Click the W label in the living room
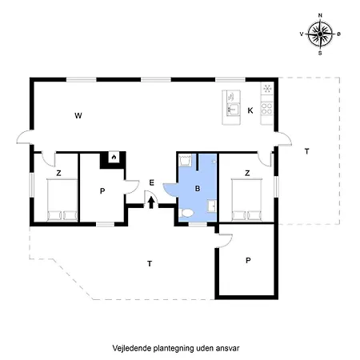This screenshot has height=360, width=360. (78, 116)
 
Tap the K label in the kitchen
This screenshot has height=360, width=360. (250, 110)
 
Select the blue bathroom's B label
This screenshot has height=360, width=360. (198, 189)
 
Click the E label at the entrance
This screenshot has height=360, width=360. (151, 182)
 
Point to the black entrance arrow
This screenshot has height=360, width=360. (151, 202)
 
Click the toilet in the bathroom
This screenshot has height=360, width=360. (187, 213)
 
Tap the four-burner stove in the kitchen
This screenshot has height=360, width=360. (266, 109)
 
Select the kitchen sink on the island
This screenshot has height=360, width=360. (233, 110)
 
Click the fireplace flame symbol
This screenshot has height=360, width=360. (114, 158)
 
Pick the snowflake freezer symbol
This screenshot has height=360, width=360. (267, 88)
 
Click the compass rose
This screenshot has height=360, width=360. (320, 34)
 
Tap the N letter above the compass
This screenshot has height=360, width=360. (320, 15)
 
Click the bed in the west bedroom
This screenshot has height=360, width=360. (62, 200)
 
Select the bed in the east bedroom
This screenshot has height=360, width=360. (247, 200)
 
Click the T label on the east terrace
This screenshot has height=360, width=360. (307, 151)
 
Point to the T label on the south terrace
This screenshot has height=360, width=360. (150, 264)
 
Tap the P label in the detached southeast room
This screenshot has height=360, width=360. (248, 260)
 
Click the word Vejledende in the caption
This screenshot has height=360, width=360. (132, 348)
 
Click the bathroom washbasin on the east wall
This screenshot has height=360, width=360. (212, 206)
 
